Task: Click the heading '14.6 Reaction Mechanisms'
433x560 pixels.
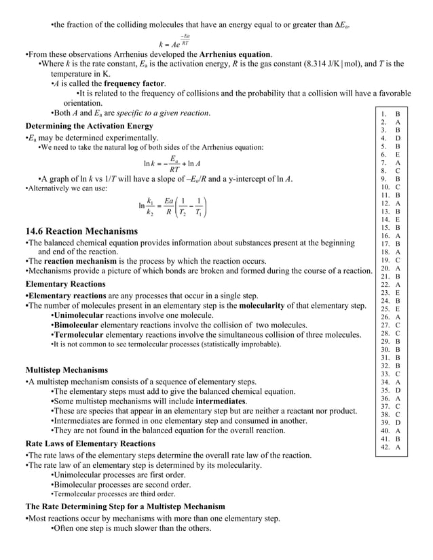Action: [81, 231]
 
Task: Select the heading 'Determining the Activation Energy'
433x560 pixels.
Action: [89, 126]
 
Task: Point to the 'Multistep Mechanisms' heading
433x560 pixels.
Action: [67, 370]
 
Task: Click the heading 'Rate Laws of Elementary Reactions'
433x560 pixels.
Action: [90, 443]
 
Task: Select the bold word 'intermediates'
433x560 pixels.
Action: [221, 401]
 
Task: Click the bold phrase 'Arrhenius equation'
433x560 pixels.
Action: [231, 54]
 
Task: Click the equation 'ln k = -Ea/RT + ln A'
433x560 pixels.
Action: [176, 163]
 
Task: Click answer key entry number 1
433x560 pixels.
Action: [390, 115]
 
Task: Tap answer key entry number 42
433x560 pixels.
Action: [390, 447]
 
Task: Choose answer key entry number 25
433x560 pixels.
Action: [390, 308]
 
